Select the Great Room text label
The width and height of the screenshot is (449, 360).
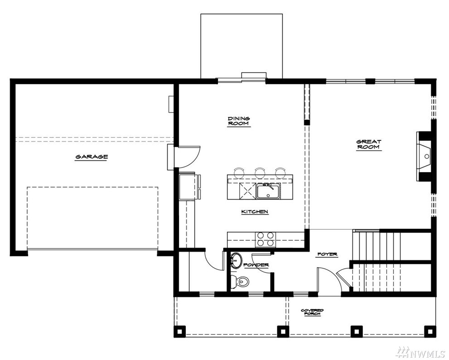(369, 144)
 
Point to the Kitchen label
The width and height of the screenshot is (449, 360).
(255, 212)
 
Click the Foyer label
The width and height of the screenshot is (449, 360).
(327, 254)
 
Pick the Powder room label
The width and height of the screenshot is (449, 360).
(256, 265)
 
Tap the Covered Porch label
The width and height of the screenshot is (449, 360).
(312, 312)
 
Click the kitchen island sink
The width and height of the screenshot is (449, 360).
(268, 191)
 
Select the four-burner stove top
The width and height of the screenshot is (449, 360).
(266, 239)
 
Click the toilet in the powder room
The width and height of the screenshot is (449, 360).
(238, 281)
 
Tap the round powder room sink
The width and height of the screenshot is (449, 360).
(236, 261)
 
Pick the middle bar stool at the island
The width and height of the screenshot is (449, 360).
(260, 172)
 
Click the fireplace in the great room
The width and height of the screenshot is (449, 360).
(424, 156)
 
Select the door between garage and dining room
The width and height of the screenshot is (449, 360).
(188, 156)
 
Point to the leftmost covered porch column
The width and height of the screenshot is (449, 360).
(180, 331)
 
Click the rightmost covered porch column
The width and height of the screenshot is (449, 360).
(430, 331)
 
